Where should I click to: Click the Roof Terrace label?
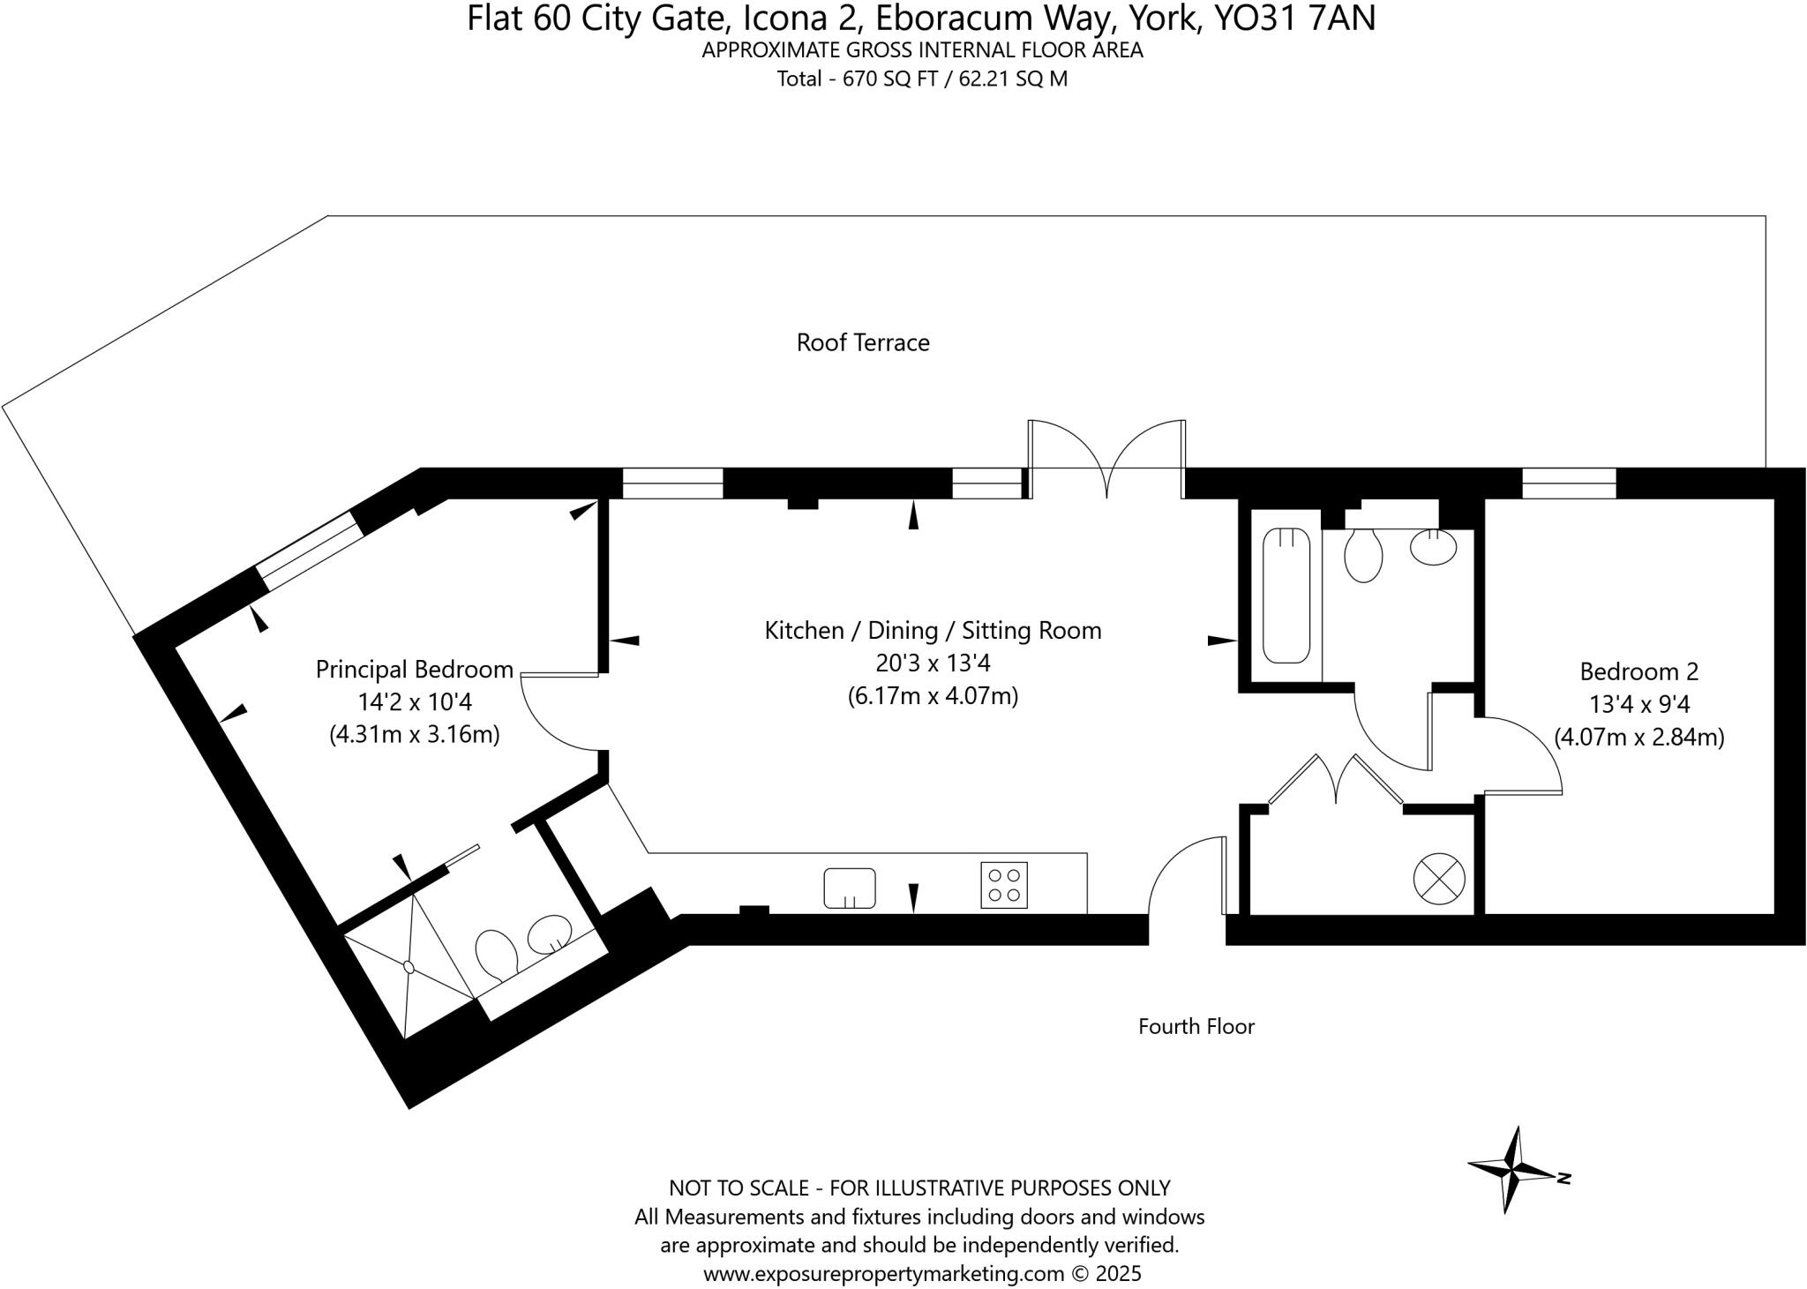pyautogui.click(x=862, y=342)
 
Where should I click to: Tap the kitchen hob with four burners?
pyautogui.click(x=1004, y=885)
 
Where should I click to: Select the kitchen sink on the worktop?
pyautogui.click(x=850, y=888)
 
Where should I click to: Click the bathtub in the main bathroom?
pyautogui.click(x=1286, y=596)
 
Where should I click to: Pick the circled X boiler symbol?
pyautogui.click(x=1439, y=879)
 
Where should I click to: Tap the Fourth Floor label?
pyautogui.click(x=1196, y=1026)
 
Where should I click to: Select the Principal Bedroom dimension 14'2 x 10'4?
pyautogui.click(x=414, y=702)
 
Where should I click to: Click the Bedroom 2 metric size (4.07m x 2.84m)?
pyautogui.click(x=1638, y=737)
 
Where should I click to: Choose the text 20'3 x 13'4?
pyautogui.click(x=933, y=663)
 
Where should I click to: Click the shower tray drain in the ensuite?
pyautogui.click(x=409, y=967)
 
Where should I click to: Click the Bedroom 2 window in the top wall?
pyautogui.click(x=1569, y=483)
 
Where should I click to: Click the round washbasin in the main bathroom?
pyautogui.click(x=1433, y=547)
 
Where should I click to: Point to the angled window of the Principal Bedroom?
pyautogui.click(x=309, y=551)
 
